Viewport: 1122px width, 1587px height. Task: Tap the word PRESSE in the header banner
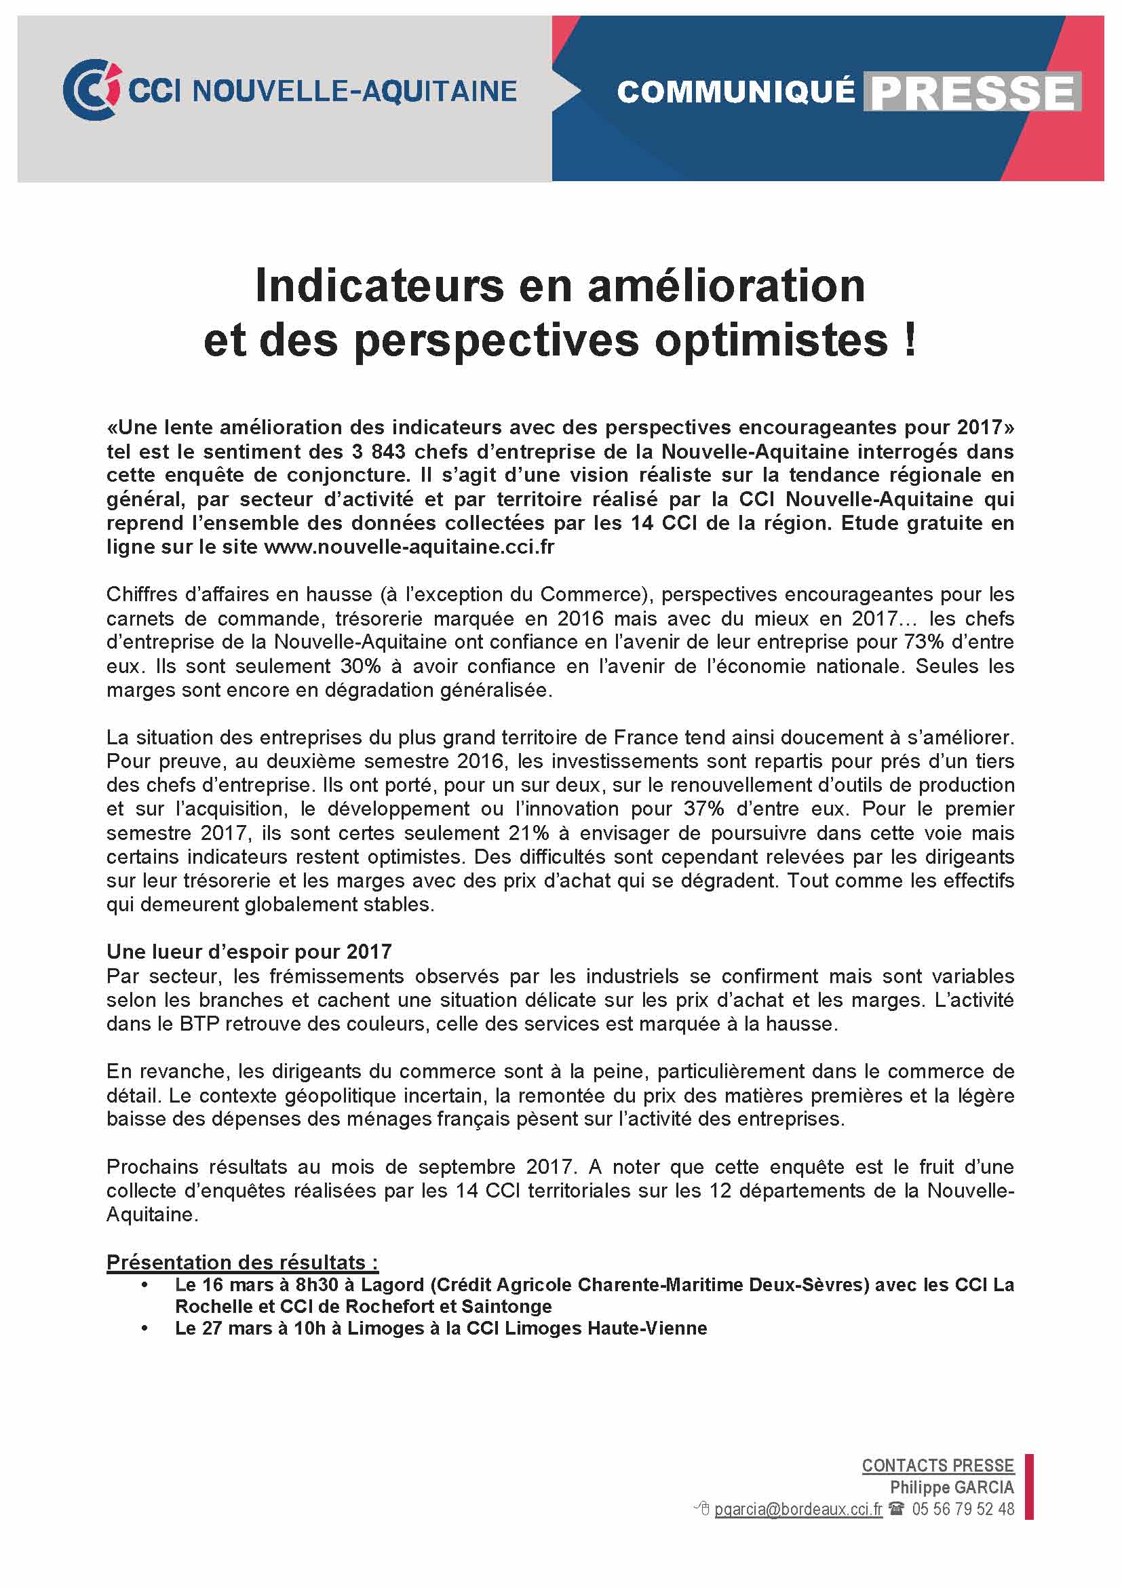(972, 93)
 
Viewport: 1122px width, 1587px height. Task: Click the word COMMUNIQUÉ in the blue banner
(735, 92)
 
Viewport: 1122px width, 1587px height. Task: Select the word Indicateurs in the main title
(379, 286)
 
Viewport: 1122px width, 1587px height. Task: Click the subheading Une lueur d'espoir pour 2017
(249, 952)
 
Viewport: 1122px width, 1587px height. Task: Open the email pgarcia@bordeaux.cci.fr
(798, 1509)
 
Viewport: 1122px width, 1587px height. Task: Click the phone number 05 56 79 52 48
(963, 1509)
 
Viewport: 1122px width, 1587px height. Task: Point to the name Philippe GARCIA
(951, 1487)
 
